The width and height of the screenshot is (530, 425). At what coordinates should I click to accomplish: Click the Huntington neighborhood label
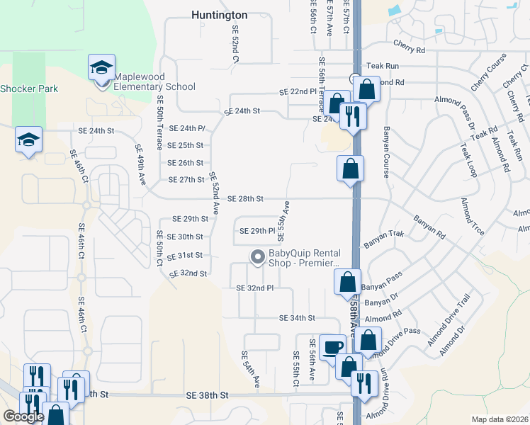[x=220, y=14]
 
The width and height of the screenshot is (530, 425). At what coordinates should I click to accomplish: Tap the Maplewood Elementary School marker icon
[x=101, y=69]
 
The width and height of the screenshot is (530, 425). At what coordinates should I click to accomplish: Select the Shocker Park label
[x=29, y=89]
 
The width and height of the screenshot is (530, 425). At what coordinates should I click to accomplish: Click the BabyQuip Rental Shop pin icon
[x=257, y=256]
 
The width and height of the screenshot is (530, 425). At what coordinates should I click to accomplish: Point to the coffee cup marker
[x=333, y=347]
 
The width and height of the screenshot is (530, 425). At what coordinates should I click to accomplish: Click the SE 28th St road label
[x=246, y=198]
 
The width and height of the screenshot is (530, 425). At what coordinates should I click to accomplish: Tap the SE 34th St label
[x=297, y=318]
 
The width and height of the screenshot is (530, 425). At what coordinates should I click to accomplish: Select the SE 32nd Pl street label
[x=254, y=288]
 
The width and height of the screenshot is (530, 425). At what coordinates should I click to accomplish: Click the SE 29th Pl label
[x=256, y=231]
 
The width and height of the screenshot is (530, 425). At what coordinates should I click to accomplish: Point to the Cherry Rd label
[x=410, y=51]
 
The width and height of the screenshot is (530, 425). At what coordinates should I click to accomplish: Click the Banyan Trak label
[x=383, y=243]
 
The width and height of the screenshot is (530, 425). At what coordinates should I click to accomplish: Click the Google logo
[x=23, y=416]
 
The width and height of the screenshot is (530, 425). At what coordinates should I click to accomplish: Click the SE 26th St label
[x=186, y=163]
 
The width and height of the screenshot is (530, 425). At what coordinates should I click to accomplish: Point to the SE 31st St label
[x=185, y=255]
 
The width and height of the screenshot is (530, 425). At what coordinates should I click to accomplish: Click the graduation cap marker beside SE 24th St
[x=28, y=140]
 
